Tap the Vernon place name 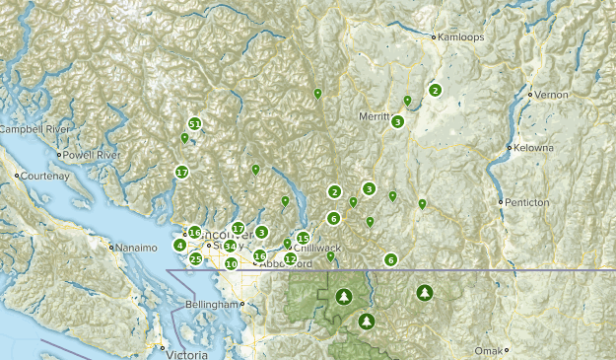coord(553,94)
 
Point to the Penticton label coord(527,202)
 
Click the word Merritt coord(374,115)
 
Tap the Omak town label coord(523,350)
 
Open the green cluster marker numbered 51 coord(195,124)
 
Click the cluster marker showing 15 coord(303,239)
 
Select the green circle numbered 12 coord(290,258)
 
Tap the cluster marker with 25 coord(196,259)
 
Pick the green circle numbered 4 coord(179,246)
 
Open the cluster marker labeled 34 coord(230,247)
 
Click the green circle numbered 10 coord(231,264)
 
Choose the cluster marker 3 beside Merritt coord(397,122)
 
